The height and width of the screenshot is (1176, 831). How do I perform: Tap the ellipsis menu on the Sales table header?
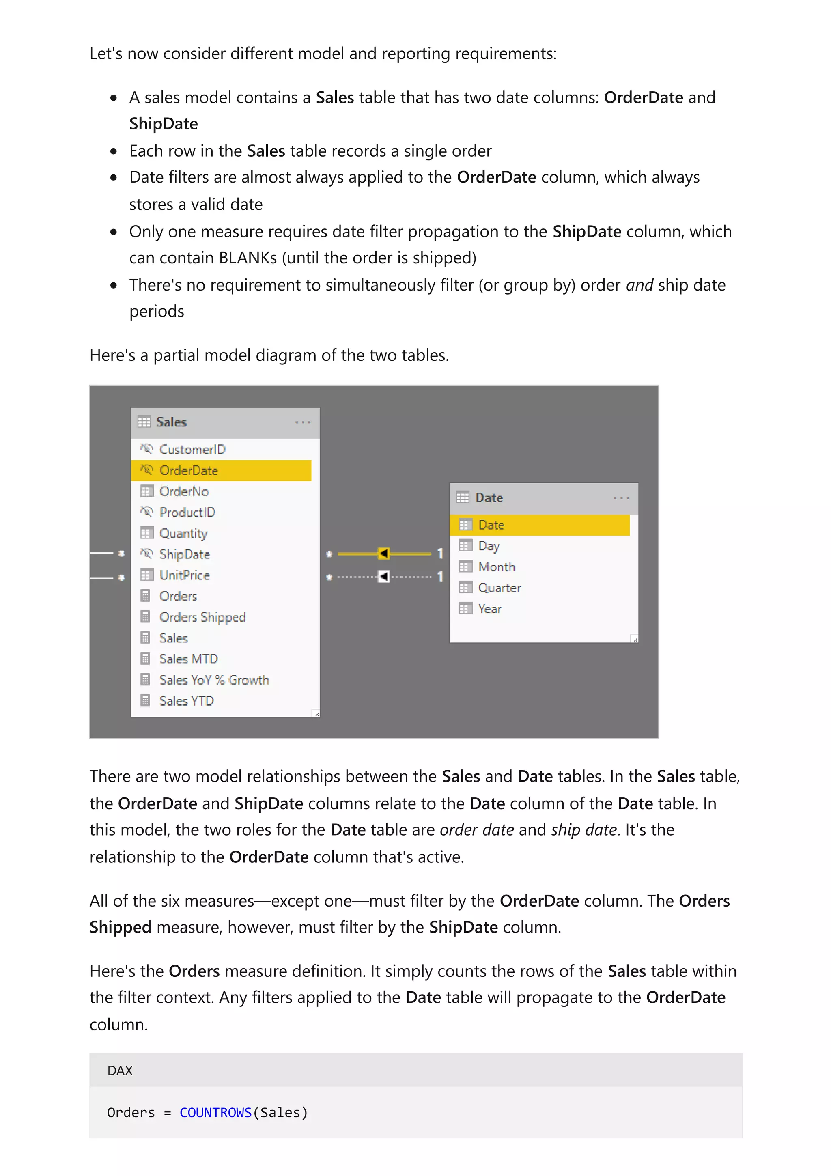click(303, 422)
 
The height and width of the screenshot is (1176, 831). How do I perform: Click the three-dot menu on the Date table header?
click(621, 498)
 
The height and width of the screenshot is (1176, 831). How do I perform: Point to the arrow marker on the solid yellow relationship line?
click(383, 553)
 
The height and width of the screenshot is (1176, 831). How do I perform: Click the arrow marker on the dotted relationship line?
click(383, 577)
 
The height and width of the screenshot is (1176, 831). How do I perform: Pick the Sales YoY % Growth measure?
click(214, 680)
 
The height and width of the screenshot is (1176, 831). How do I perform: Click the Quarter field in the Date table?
click(499, 588)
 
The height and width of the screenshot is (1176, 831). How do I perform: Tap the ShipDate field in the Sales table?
click(184, 554)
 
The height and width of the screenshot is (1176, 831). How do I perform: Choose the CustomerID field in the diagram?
click(192, 449)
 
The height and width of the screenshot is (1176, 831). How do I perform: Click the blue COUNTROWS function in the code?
click(215, 1112)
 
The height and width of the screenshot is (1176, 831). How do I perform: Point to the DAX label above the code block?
click(120, 1070)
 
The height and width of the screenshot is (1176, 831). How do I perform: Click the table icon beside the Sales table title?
click(144, 422)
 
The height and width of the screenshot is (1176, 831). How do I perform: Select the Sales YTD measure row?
click(186, 701)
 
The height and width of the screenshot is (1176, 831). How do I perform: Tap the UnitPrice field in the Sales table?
click(184, 575)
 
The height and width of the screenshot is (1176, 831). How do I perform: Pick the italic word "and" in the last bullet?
click(639, 285)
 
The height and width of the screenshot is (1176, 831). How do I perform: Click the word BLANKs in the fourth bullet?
click(248, 258)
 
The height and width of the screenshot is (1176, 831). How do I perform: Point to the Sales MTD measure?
click(188, 659)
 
